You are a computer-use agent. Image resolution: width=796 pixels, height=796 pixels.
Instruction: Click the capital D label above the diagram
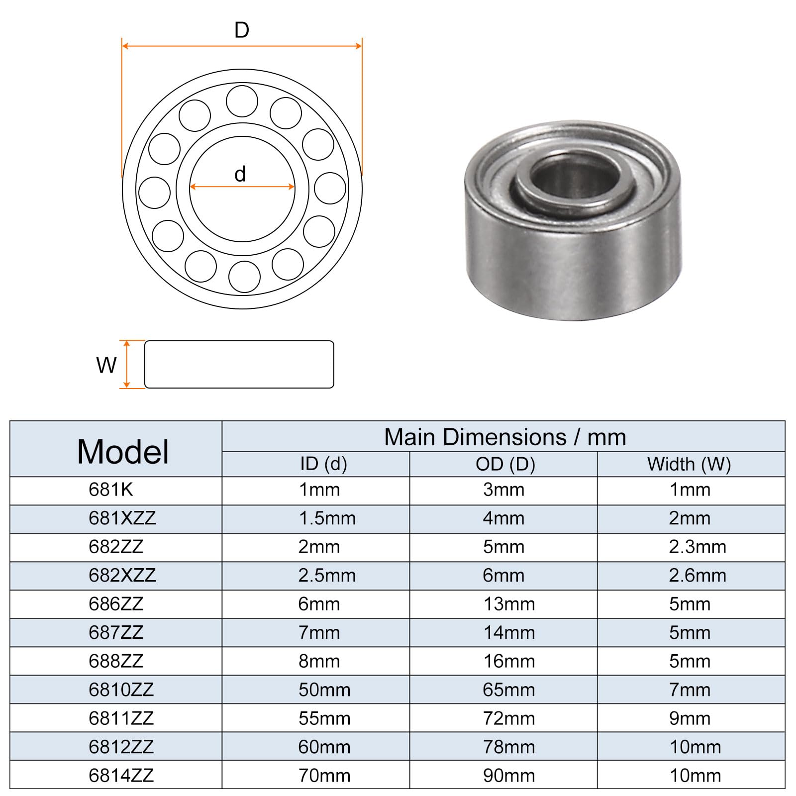pos(242,31)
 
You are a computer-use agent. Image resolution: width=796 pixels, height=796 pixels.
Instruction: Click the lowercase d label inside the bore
pos(240,175)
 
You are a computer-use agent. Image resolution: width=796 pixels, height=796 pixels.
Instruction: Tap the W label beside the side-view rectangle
pos(106,365)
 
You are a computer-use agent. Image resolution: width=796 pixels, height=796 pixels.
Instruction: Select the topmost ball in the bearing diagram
pos(242,101)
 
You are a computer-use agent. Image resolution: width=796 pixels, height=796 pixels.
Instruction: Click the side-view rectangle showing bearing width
pos(239,364)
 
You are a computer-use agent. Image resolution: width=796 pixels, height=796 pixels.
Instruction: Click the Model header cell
pos(123,452)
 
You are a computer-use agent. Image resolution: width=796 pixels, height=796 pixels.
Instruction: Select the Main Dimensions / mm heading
pos(504,437)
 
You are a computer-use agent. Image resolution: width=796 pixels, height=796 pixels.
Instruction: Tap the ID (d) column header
pos(323,464)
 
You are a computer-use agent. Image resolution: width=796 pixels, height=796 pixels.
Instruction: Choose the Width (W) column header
pos(689,464)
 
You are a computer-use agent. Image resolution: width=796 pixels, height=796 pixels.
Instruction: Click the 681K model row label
pos(111,490)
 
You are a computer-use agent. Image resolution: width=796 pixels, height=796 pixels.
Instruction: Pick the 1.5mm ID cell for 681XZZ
pos(327,519)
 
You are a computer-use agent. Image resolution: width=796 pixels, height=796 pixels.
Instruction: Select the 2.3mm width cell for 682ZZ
pos(697,547)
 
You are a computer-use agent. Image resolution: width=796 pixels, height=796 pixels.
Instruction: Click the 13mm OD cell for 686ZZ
pos(509,604)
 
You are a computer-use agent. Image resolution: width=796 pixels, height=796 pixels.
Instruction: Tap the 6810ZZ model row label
pos(121,690)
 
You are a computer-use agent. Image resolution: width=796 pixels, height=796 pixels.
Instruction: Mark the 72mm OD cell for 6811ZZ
pos(509,719)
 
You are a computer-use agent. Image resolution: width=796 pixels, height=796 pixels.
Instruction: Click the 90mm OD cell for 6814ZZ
pos(509,776)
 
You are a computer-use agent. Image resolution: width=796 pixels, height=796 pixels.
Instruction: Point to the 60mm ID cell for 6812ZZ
pos(324,747)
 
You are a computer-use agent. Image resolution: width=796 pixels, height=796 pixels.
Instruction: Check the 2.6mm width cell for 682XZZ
pos(697,576)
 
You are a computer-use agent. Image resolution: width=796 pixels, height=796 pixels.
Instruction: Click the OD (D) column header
pos(505,464)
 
